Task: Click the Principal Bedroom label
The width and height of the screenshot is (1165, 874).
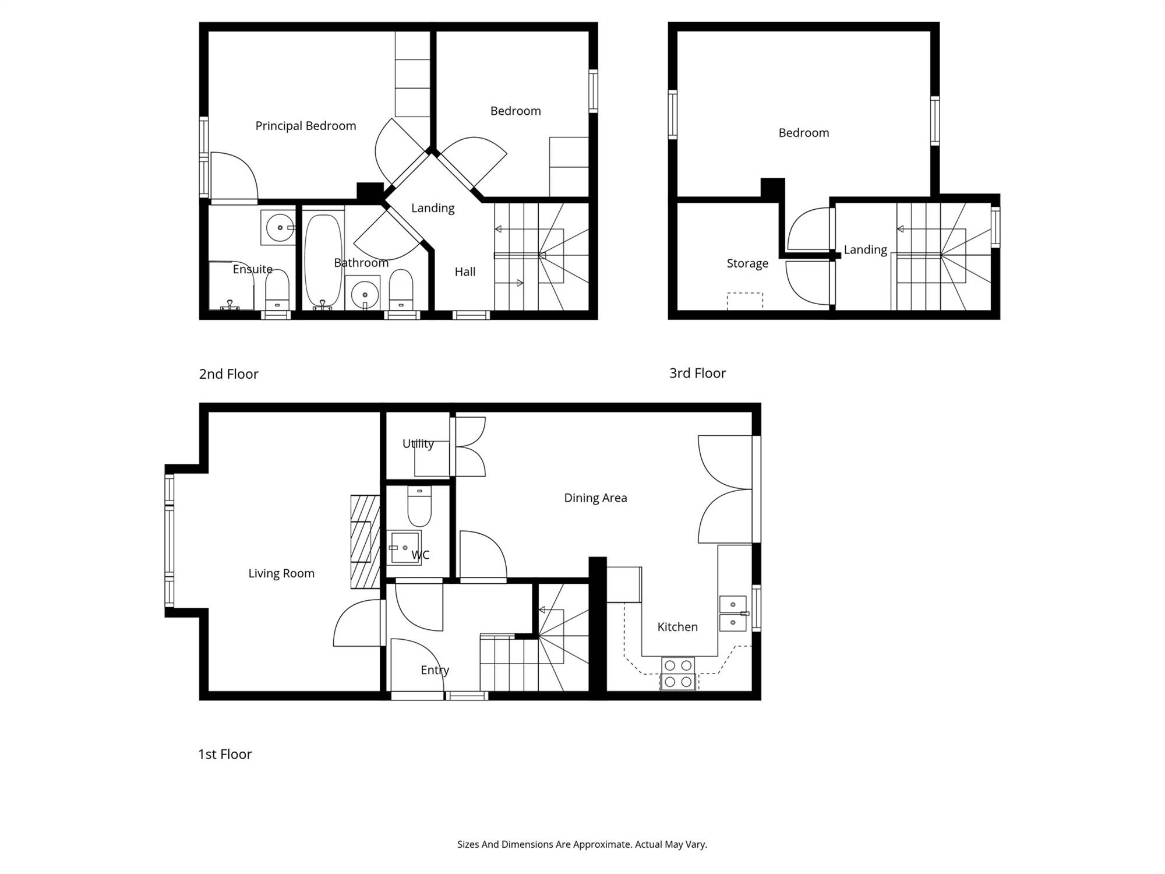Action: [305, 126]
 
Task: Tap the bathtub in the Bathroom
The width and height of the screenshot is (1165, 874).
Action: [323, 260]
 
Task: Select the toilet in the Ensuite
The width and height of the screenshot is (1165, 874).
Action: [277, 290]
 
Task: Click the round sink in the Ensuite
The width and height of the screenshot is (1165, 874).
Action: [278, 227]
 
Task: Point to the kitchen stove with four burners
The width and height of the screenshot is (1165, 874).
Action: [678, 674]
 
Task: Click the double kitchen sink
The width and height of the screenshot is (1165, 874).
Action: [733, 614]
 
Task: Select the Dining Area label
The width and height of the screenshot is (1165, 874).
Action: [595, 498]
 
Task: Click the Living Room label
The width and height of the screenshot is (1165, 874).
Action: [281, 573]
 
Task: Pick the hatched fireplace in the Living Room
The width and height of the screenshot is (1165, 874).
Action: [365, 542]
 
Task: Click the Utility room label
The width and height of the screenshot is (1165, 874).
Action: [418, 443]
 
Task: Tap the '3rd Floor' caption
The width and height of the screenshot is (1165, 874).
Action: [697, 373]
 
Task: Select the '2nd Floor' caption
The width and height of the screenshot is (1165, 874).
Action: [228, 374]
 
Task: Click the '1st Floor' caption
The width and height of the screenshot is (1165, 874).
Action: [225, 754]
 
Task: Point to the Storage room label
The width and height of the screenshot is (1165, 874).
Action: [747, 263]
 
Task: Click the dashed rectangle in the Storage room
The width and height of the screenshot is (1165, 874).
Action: [745, 301]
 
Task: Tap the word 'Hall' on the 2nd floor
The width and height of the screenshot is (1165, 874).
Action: [465, 272]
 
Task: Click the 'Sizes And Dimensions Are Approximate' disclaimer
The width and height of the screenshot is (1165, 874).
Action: [582, 844]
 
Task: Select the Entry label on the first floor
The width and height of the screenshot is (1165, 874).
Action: [435, 670]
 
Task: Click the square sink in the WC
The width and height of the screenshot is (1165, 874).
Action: [405, 548]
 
